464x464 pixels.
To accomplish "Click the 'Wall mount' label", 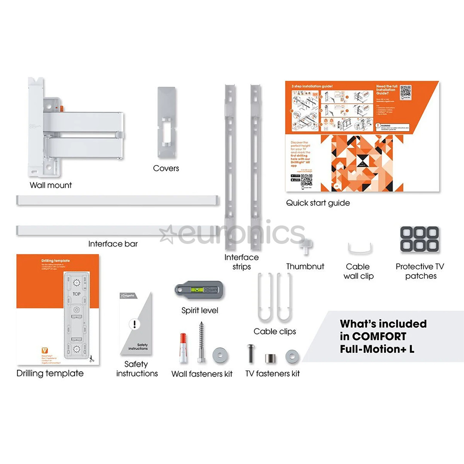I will [51, 185].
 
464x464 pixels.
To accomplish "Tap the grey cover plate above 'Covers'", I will [166, 116].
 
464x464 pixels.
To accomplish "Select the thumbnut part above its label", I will [306, 246].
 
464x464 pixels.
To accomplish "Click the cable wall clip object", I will [360, 249].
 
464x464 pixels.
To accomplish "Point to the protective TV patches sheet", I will [419, 239].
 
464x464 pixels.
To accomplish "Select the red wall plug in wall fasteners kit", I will [183, 348].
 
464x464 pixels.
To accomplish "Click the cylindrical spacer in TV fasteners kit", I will [270, 358].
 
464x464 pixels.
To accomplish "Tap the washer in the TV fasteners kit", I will [292, 356].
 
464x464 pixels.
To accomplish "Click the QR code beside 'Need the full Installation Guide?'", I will [405, 92].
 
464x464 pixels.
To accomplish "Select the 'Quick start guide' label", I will [318, 203].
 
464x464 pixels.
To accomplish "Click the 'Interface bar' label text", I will [113, 244].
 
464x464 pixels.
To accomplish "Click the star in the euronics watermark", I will [167, 234].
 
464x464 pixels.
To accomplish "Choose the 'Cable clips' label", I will [275, 331].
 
